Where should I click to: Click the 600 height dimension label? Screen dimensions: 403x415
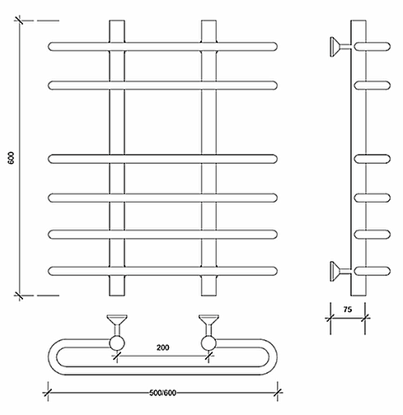pos(11,158)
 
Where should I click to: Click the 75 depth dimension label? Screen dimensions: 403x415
pos(348,310)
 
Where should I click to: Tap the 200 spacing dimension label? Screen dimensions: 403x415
pos(162,347)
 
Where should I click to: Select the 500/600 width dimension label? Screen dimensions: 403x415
pos(162,393)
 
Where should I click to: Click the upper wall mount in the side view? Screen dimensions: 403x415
pos(340,47)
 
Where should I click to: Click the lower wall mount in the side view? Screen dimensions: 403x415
pos(340,271)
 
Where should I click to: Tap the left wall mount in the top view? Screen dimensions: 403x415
pos(117,325)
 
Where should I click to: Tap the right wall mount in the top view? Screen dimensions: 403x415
pos(209,325)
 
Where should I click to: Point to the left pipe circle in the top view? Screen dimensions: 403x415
pos(117,343)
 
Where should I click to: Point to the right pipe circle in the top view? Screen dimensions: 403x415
pos(209,343)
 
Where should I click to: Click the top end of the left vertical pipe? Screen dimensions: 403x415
pos(117,21)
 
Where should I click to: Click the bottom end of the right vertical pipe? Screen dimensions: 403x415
pos(209,296)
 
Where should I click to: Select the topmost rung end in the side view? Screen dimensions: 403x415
pos(373,47)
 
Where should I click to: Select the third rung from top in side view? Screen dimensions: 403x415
pos(373,159)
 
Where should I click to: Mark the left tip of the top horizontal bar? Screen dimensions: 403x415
pos(49,47)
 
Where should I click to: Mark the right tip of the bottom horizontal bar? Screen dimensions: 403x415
pos(277,271)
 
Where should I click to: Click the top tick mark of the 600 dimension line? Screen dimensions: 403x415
pos(19,21)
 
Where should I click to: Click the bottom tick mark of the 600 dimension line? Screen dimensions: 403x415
pos(19,296)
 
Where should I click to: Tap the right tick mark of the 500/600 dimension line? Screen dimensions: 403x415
pos(278,393)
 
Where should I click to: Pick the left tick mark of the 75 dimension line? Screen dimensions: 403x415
pos(330,319)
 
